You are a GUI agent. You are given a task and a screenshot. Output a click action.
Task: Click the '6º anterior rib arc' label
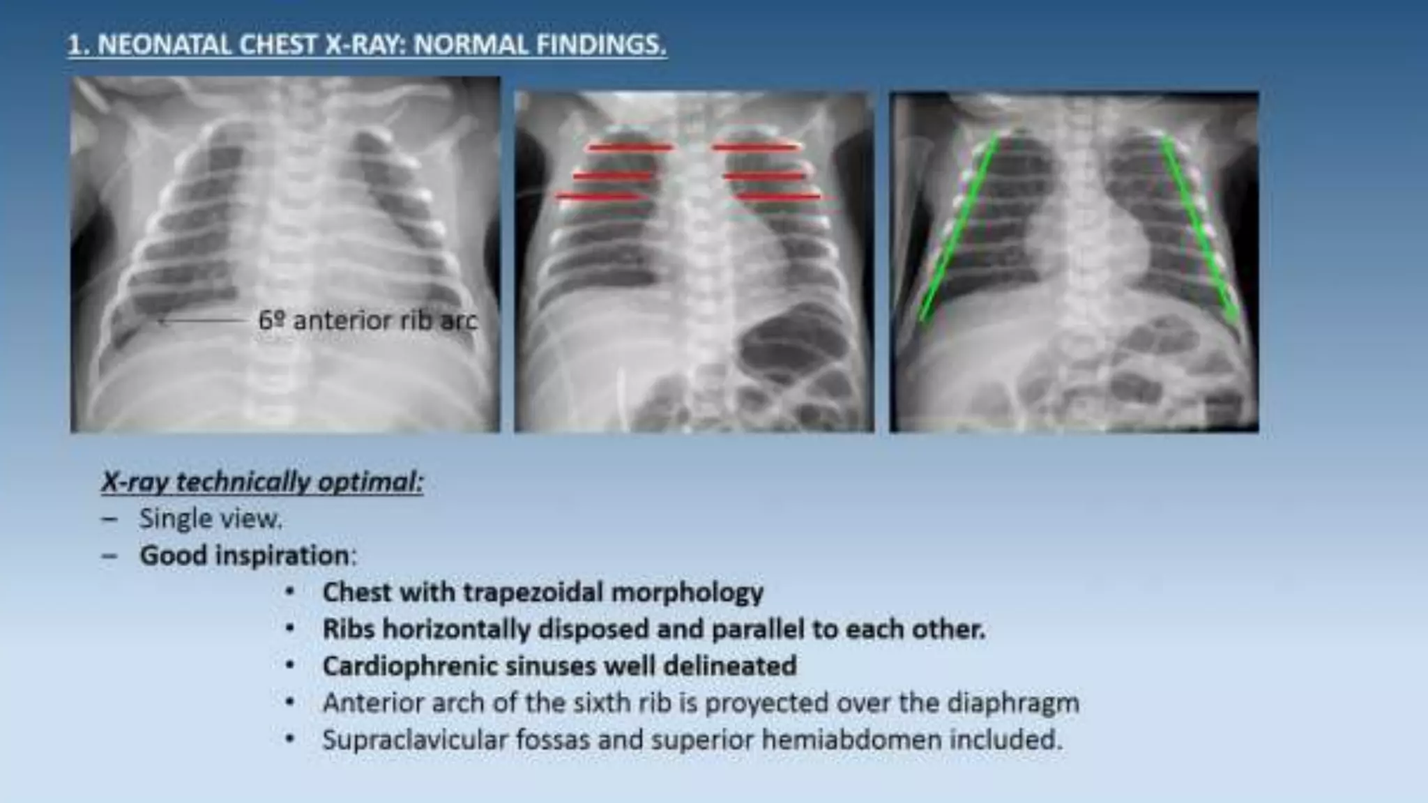click(x=367, y=321)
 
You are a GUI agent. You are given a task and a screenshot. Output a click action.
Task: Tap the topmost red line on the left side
click(x=630, y=147)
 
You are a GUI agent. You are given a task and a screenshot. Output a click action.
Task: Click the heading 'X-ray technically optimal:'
click(x=262, y=482)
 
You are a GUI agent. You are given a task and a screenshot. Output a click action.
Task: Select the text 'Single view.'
click(x=211, y=519)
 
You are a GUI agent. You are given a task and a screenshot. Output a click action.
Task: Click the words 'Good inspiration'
click(x=244, y=556)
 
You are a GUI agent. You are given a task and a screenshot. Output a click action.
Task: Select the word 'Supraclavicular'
click(x=415, y=740)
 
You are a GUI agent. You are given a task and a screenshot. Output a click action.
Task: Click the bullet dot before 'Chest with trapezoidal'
click(x=290, y=592)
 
